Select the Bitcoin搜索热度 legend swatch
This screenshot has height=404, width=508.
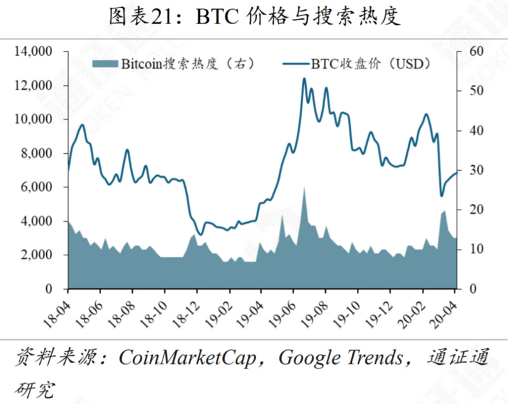click(x=105, y=64)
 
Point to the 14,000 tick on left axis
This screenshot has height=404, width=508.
click(x=37, y=51)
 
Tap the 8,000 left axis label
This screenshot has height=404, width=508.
click(x=41, y=153)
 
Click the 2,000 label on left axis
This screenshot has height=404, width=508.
click(x=41, y=255)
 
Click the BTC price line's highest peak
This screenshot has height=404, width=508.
click(x=304, y=79)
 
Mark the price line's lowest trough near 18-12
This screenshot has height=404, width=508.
click(x=201, y=234)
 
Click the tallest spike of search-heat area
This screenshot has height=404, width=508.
click(x=304, y=188)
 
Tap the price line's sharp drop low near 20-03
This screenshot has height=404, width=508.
click(x=441, y=196)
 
